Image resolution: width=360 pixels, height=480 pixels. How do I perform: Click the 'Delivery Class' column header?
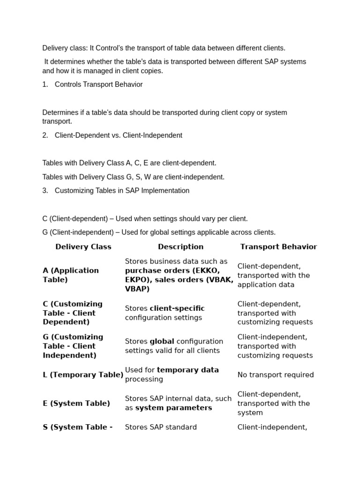click(x=83, y=247)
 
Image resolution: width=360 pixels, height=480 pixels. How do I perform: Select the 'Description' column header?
click(x=180, y=247)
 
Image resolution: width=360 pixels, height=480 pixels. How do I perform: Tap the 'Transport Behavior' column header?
click(x=278, y=247)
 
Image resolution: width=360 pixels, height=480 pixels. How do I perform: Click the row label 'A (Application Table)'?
click(x=71, y=275)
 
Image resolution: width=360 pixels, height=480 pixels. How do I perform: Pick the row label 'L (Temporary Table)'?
click(x=83, y=375)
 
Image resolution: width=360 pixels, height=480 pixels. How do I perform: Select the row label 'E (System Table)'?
click(x=76, y=403)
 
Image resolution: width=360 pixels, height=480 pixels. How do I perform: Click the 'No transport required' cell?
click(x=276, y=375)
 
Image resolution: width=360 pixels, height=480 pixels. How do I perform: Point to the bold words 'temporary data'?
click(x=188, y=370)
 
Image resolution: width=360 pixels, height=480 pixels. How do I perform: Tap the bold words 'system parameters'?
click(x=173, y=408)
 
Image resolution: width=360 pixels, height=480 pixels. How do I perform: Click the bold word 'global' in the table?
click(x=162, y=341)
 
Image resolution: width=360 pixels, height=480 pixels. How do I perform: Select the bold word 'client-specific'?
click(x=177, y=308)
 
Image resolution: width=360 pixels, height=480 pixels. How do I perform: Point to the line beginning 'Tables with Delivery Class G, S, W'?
click(x=134, y=177)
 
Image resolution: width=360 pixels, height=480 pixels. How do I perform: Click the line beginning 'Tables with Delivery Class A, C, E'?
click(x=129, y=163)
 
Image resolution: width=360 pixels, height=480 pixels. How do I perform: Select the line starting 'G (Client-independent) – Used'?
click(x=159, y=232)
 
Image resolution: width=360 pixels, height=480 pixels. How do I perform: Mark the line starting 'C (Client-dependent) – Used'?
click(x=145, y=218)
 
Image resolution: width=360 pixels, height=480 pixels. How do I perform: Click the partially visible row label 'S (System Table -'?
click(x=77, y=427)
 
